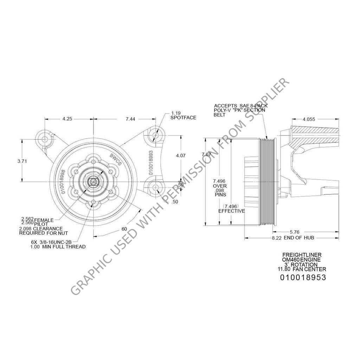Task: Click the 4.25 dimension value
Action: click(67, 119)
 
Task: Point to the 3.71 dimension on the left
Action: click(22, 161)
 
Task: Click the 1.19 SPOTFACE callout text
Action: click(183, 115)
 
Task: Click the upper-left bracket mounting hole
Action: click(45, 140)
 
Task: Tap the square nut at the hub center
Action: click(93, 181)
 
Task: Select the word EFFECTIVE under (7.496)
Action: click(231, 211)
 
